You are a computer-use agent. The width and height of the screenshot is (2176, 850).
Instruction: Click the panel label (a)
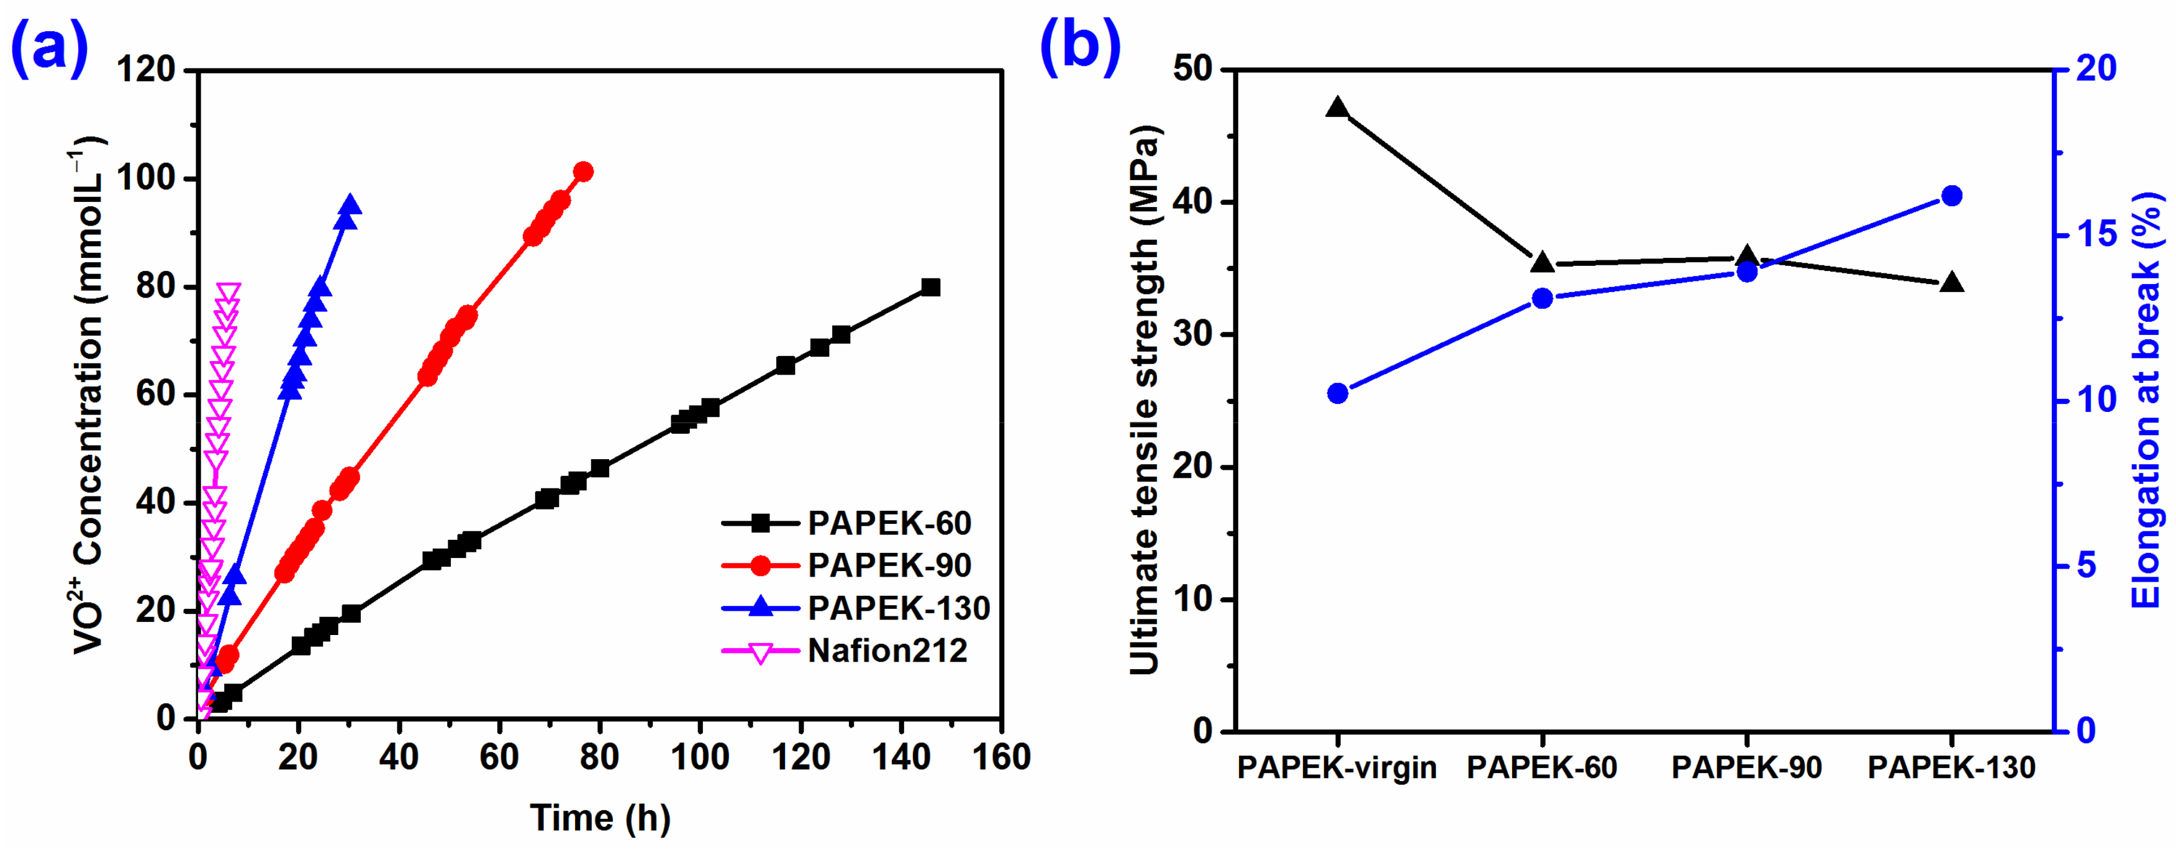[x=49, y=47]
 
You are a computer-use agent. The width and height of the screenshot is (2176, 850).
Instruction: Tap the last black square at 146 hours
[x=930, y=287]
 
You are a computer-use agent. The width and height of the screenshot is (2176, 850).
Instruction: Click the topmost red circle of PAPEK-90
[x=583, y=172]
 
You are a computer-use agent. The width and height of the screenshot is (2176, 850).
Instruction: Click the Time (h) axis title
[x=600, y=818]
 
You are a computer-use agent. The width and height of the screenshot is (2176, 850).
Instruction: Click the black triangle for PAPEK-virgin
[x=1337, y=107]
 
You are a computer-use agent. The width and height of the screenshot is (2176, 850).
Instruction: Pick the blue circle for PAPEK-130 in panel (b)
[x=1951, y=196]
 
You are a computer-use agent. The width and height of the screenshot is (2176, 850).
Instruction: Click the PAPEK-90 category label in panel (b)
[x=1746, y=768]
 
